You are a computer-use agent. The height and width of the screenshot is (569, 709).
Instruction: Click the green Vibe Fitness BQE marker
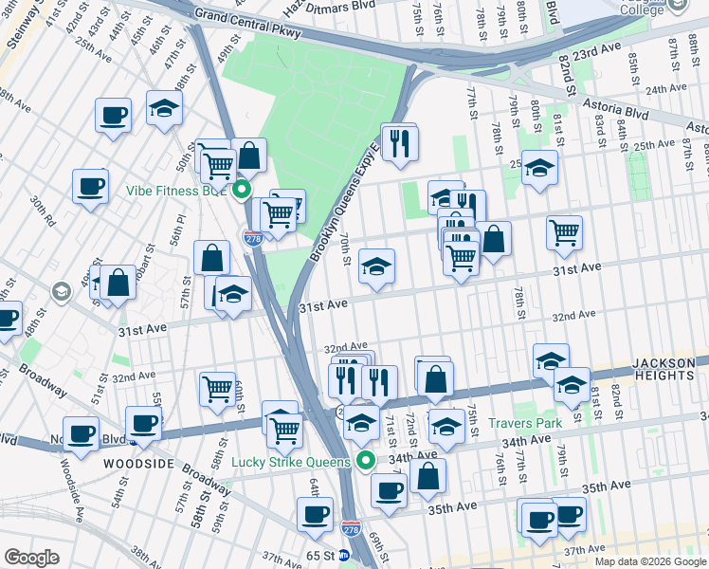pos(243,189)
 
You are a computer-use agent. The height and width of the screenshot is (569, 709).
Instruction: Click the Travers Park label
pos(525,422)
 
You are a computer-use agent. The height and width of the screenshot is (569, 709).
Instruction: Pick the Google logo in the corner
pos(31,557)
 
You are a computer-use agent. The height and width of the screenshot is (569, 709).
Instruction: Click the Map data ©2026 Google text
pos(649,561)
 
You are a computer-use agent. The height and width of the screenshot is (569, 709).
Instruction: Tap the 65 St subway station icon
pos(345,556)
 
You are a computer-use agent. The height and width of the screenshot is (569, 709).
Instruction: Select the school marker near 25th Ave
pos(539,168)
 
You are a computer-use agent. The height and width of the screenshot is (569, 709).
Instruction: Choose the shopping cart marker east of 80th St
pos(564,232)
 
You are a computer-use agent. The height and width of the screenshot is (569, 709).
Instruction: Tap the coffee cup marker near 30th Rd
pos(90,186)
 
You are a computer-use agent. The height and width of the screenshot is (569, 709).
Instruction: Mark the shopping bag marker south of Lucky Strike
pos(428,476)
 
